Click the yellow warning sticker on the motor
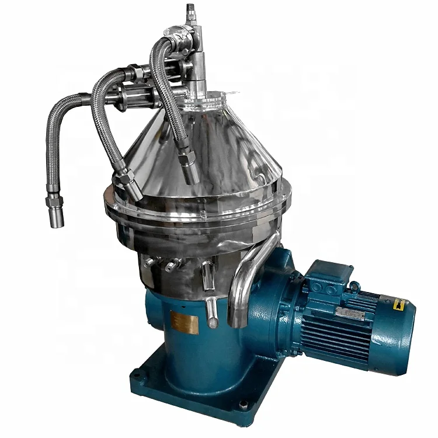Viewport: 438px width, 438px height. tap(399, 304)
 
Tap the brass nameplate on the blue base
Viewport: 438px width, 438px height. tap(184, 322)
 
